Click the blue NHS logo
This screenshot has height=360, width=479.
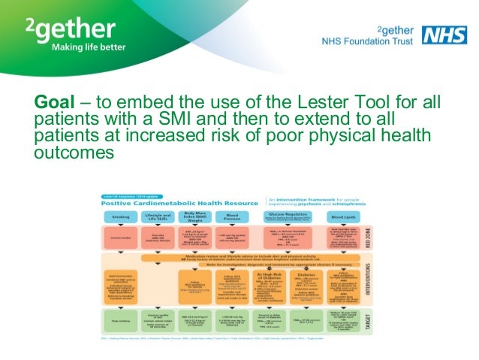point(440,34)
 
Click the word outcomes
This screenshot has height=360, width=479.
point(74,153)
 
